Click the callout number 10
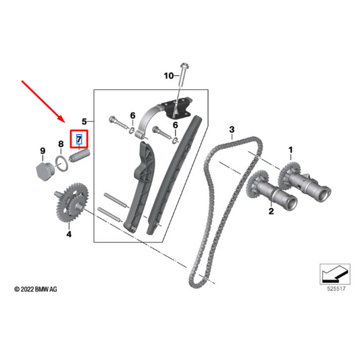pos(168,76)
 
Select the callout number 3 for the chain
pos(231,129)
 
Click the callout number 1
pos(292,148)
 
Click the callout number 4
pos(68,234)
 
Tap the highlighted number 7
pos(79,140)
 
